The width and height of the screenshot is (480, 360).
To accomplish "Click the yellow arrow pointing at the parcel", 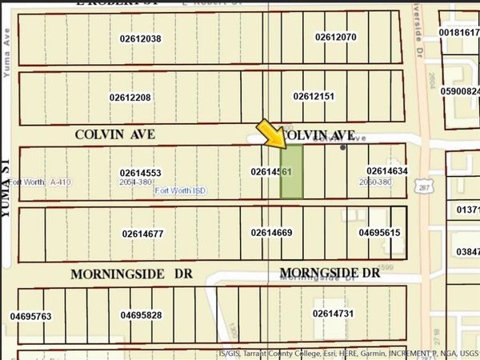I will tap(271, 134).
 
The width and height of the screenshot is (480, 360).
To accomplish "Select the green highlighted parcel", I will tap(291, 172).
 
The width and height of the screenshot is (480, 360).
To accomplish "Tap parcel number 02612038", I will tap(141, 38).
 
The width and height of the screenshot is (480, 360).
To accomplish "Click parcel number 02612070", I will tap(336, 37).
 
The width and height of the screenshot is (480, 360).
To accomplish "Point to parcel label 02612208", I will tap(130, 98).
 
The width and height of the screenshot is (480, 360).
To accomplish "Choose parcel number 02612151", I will tap(314, 96).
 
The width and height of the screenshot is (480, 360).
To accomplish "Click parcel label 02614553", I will tap(141, 172).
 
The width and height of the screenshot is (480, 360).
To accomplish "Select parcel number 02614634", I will tap(388, 170).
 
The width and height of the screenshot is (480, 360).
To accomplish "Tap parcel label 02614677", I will tap(143, 234).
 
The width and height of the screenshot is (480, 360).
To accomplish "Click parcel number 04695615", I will tap(379, 233).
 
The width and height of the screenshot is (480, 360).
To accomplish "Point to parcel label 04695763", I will tap(31, 317).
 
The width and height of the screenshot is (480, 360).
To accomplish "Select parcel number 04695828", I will tap(142, 315).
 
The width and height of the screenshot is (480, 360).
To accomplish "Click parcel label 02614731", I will tap(333, 313).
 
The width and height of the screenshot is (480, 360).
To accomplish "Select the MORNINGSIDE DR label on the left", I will tap(131, 274).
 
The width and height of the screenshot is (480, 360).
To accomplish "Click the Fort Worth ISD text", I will tap(178, 191).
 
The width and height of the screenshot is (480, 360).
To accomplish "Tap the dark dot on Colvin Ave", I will tap(343, 147).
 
